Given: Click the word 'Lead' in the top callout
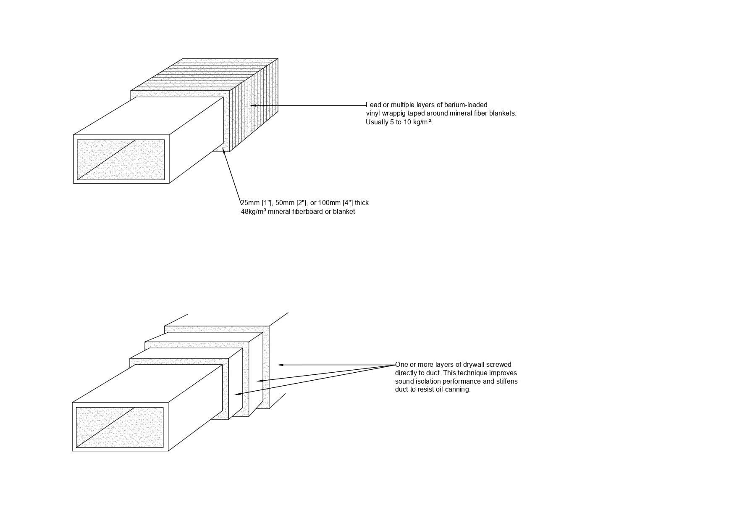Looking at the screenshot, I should [x=373, y=105].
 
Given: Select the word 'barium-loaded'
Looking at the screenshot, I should [x=466, y=105].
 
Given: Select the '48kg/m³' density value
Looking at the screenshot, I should [x=253, y=212].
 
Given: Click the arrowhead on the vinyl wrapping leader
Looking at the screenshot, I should [x=253, y=105].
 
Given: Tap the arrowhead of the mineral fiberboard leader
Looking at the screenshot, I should [x=224, y=150].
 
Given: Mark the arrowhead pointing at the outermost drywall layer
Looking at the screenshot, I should [x=280, y=365].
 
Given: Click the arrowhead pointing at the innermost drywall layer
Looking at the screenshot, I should [x=237, y=394].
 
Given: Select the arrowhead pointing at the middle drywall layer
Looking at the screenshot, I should [x=260, y=381].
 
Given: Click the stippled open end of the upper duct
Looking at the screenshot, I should [x=121, y=160].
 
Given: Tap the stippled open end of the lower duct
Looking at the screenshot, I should [x=120, y=427].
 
